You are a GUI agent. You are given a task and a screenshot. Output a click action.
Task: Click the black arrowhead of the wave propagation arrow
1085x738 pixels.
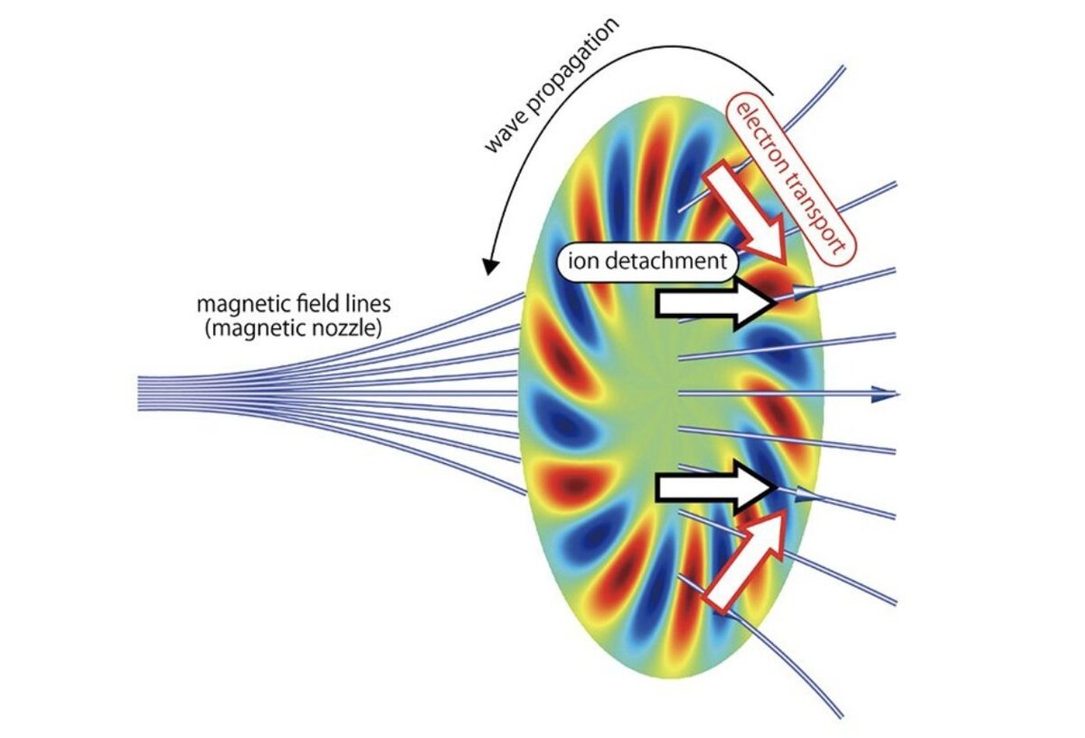click(x=490, y=266)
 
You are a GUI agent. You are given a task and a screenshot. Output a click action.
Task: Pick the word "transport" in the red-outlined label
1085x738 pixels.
click(x=825, y=219)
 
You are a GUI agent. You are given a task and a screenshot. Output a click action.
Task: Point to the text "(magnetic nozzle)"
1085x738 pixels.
click(x=291, y=326)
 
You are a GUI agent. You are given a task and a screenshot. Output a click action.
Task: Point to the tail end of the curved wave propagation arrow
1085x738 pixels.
click(x=773, y=93)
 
